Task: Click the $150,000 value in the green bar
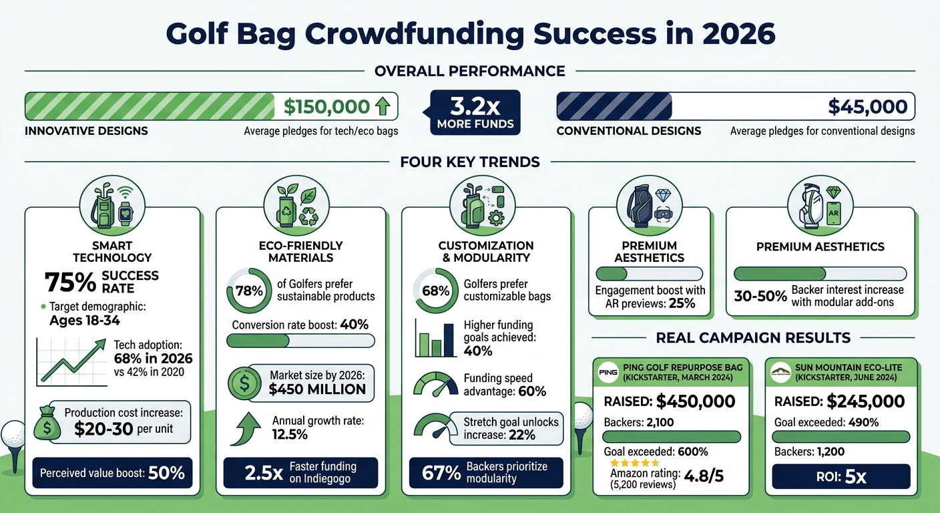[x=326, y=106]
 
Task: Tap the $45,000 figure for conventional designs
[x=867, y=106]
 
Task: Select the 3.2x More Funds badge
[x=475, y=112]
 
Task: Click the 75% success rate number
[x=70, y=282]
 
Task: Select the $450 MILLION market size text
[x=317, y=389]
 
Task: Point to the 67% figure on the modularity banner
[x=441, y=473]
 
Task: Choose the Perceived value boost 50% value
[x=166, y=474]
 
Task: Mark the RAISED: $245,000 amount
[x=866, y=401]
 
